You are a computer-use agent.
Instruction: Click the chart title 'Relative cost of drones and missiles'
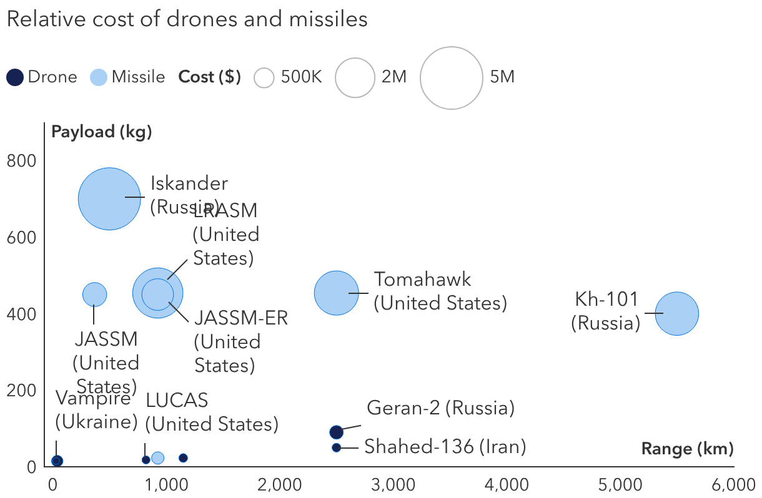click(x=187, y=19)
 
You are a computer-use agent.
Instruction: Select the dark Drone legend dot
click(x=15, y=77)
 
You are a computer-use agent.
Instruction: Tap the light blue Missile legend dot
click(x=99, y=77)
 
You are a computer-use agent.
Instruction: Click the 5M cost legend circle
click(x=451, y=78)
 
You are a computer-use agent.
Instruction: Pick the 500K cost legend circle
click(x=265, y=78)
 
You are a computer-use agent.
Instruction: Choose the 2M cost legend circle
click(x=355, y=78)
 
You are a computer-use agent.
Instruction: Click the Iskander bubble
click(x=109, y=198)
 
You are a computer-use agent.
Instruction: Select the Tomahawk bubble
click(x=337, y=293)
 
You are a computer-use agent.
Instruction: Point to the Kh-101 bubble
click(x=676, y=314)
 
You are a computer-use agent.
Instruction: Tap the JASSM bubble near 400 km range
click(x=94, y=294)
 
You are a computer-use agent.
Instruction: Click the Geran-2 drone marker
click(x=336, y=432)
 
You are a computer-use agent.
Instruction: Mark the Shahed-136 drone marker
click(x=336, y=447)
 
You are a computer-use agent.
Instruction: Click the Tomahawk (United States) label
click(x=440, y=291)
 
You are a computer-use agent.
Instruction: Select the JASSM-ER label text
click(x=241, y=318)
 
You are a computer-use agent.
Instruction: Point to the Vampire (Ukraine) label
click(x=96, y=410)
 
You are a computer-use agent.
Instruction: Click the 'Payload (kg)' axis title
click(x=102, y=132)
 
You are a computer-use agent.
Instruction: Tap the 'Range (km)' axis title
click(x=687, y=449)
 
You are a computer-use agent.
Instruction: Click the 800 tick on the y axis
click(x=21, y=161)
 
